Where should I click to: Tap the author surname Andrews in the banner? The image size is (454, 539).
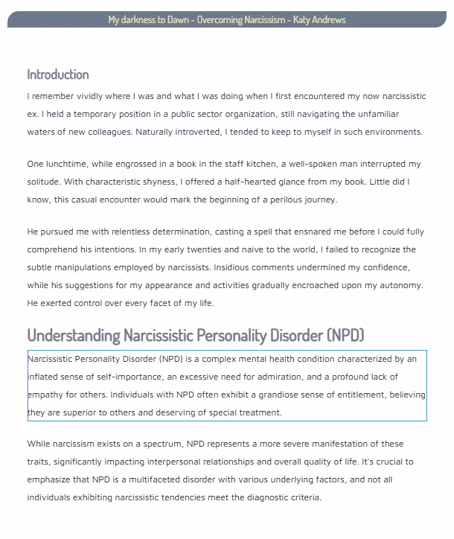(x=329, y=20)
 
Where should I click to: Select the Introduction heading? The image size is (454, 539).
(x=58, y=74)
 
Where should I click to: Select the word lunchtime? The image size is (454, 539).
(x=69, y=164)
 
